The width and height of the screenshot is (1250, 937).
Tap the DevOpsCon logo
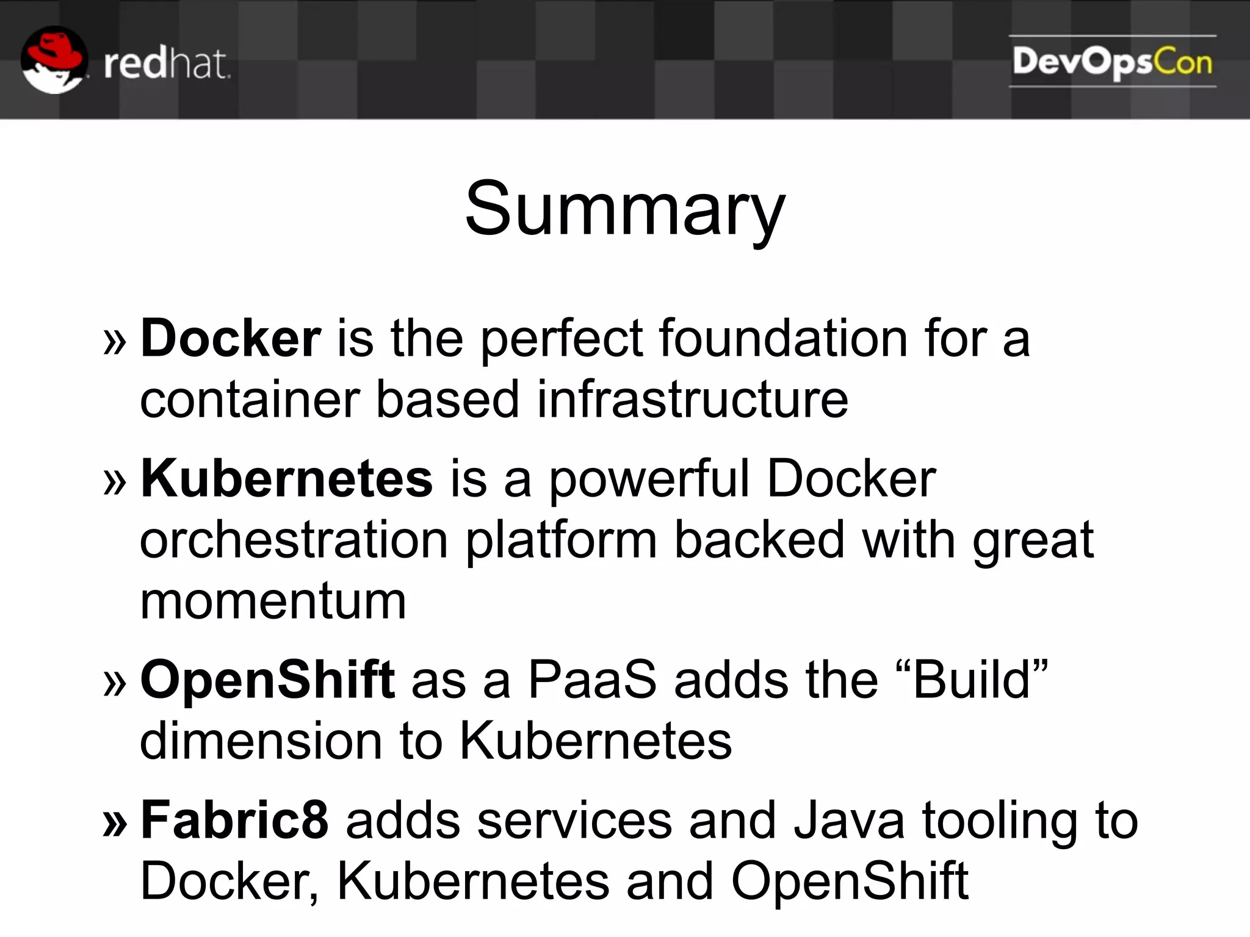(x=1112, y=62)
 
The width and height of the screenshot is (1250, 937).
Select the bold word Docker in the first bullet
(x=231, y=339)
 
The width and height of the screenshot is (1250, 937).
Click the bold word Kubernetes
(x=287, y=479)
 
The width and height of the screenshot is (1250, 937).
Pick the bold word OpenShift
(x=267, y=680)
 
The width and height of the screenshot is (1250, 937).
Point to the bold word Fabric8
(x=234, y=820)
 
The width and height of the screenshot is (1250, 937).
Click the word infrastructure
(x=692, y=400)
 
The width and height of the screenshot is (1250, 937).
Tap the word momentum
(x=273, y=601)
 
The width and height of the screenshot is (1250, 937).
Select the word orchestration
(x=294, y=540)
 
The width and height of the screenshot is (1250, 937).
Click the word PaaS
(x=592, y=680)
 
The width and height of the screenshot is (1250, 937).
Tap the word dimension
(x=261, y=741)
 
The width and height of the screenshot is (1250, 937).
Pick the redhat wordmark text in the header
(x=167, y=64)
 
